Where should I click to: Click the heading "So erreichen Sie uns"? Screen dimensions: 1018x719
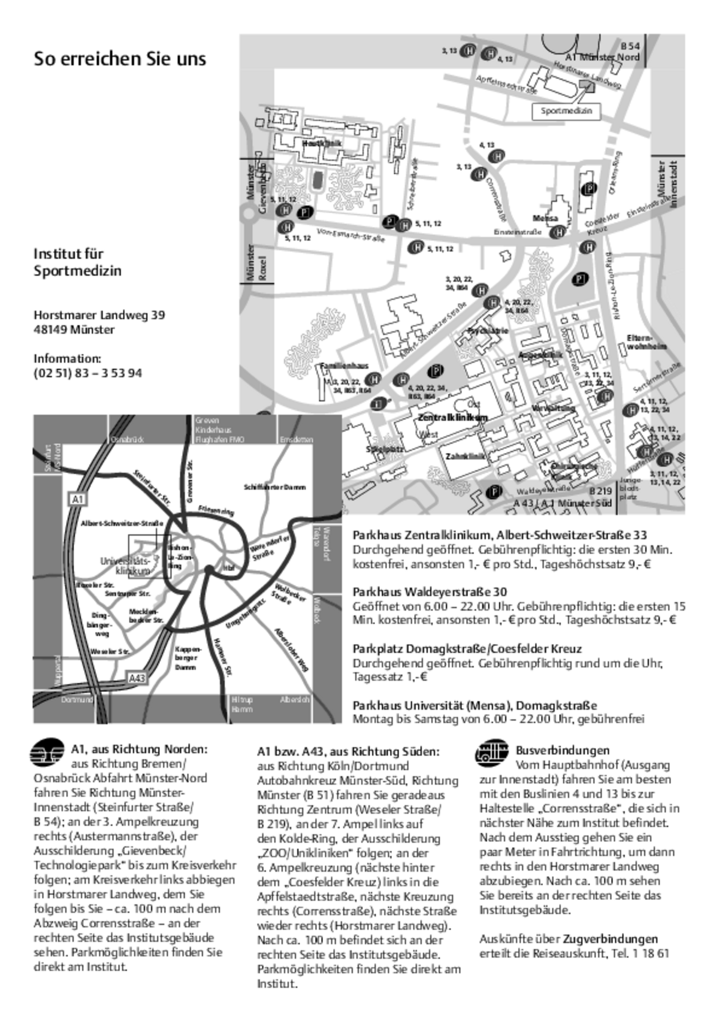tap(120, 59)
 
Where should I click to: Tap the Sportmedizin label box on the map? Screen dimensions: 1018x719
tap(566, 111)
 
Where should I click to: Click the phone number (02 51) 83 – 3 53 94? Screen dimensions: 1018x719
tap(87, 373)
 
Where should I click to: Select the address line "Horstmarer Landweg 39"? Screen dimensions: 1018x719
tap(99, 315)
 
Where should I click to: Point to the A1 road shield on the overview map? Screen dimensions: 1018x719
tap(77, 499)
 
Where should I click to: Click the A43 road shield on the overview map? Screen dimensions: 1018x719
tap(137, 678)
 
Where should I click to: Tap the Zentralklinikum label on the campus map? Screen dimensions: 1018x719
tap(452, 417)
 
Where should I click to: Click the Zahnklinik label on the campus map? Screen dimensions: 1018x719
tap(464, 456)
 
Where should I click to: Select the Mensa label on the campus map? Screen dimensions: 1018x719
tap(545, 218)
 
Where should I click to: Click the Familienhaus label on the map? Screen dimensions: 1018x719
tap(344, 365)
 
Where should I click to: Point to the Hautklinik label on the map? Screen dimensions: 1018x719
tap(322, 144)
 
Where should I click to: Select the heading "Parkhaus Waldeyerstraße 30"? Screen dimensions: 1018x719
tap(430, 592)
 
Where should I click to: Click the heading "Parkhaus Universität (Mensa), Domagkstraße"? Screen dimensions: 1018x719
tap(475, 705)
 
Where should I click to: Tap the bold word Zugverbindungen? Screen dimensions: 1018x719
tap(610, 939)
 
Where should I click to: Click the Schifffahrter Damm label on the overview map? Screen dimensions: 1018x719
tap(274, 487)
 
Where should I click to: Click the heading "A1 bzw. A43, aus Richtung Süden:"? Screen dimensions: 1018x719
tap(348, 751)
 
